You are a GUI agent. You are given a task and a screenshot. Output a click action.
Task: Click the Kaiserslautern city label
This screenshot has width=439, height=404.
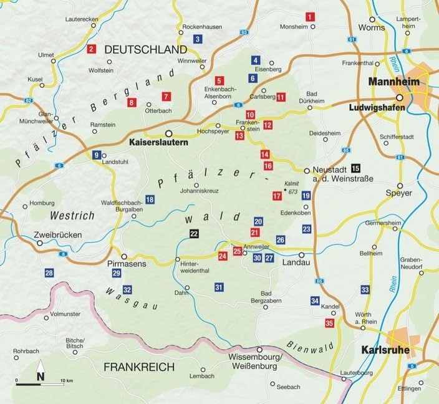tap(158, 143)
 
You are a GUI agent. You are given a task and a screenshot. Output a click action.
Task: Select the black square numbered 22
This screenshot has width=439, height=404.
tap(194, 233)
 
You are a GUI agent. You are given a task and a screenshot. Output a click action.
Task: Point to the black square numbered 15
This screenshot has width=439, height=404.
tap(355, 168)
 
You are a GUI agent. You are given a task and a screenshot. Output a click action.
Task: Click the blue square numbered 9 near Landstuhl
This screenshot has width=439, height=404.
tap(96, 155)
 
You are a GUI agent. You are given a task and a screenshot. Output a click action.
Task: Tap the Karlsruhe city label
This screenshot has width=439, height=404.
tap(385, 350)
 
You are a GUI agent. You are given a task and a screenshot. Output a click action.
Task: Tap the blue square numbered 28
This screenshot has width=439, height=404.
tap(49, 272)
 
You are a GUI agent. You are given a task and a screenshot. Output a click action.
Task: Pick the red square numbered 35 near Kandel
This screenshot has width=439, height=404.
tap(329, 322)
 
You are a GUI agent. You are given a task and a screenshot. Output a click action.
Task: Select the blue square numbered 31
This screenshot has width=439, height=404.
tap(218, 287)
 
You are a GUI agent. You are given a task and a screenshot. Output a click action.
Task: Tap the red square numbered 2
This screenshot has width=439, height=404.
tap(92, 49)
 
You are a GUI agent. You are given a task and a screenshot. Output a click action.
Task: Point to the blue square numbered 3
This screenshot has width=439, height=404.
tap(198, 39)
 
